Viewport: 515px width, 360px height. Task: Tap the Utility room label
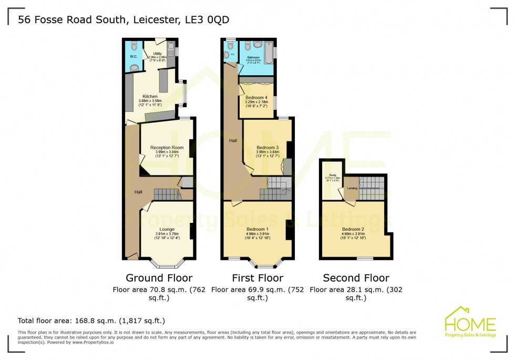pos(157,54)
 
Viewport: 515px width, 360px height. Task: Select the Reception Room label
pos(167,148)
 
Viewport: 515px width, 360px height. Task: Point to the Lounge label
pos(167,230)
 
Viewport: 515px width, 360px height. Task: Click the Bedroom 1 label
pos(257,229)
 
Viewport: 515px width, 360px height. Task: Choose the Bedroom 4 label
pos(257,98)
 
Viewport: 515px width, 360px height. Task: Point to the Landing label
pos(352,188)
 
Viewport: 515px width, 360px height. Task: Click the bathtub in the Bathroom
pos(267,53)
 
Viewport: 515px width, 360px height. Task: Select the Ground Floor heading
pos(159,278)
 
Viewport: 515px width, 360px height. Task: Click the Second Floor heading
pos(356,278)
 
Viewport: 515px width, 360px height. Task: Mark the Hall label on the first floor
pos(232,140)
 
